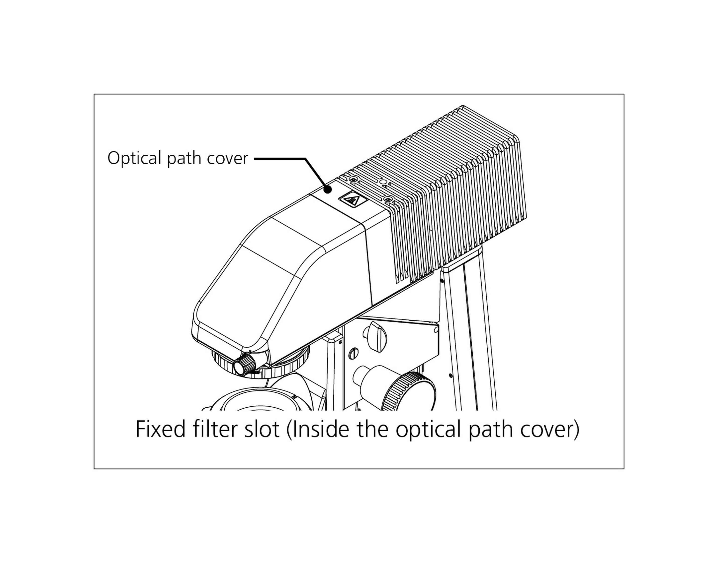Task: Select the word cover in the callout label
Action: pyautogui.click(x=227, y=159)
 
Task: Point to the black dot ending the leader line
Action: pyautogui.click(x=328, y=189)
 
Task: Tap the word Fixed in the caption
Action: pyautogui.click(x=161, y=430)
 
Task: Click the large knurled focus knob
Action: pyautogui.click(x=411, y=392)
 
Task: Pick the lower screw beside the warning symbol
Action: pyautogui.click(x=388, y=199)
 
